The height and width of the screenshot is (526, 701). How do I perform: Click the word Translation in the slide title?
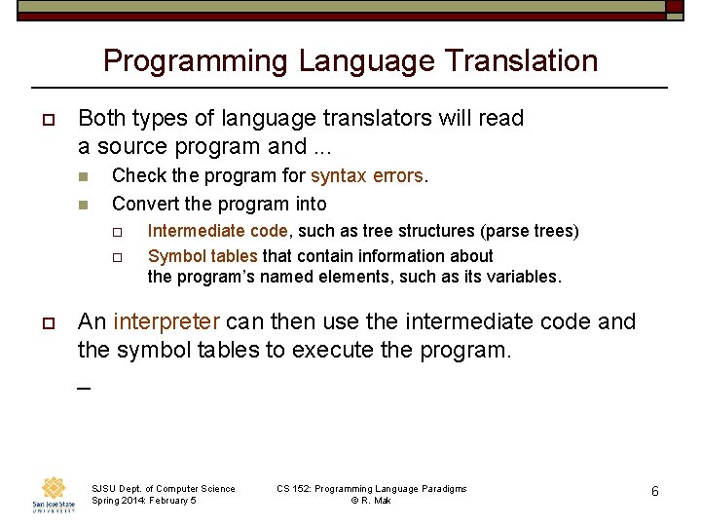pos(521,60)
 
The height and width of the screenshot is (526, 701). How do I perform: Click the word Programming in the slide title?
pos(196,60)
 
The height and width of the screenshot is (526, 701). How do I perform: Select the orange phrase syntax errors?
pos(367,176)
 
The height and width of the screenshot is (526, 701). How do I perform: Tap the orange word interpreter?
pos(166,321)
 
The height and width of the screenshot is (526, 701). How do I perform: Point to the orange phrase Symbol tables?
pos(203,256)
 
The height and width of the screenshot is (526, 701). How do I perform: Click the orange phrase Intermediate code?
pos(217,231)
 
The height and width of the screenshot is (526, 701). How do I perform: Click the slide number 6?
pos(655,492)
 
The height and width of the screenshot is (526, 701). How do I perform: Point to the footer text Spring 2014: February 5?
pos(143,501)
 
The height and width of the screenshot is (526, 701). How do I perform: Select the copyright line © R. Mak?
pos(371,501)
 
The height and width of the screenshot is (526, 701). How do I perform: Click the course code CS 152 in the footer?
pos(293,489)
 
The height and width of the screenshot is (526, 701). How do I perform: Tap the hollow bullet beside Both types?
pos(47,119)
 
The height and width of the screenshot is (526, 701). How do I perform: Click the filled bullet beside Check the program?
pos(84,177)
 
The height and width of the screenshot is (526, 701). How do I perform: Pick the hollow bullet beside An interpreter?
pos(47,322)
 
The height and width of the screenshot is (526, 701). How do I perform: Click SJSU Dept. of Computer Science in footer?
pos(163,489)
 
